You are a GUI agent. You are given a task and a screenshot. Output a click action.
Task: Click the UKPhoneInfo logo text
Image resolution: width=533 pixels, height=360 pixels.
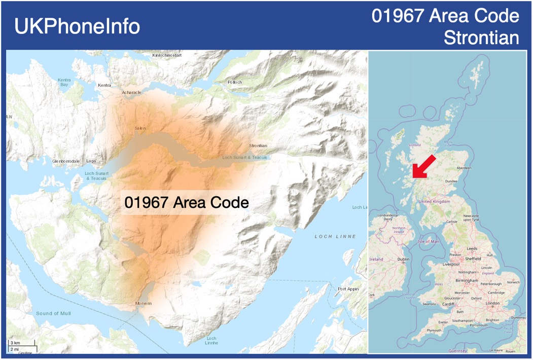tap(77, 26)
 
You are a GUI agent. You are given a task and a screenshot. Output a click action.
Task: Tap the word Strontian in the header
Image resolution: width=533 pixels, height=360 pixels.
tap(481, 38)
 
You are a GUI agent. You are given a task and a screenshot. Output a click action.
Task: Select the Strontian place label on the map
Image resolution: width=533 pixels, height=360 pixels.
tap(258, 146)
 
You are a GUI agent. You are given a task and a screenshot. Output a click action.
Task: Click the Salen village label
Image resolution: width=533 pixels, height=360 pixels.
tap(140, 128)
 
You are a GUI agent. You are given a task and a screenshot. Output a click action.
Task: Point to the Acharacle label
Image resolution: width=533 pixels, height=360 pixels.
tap(131, 93)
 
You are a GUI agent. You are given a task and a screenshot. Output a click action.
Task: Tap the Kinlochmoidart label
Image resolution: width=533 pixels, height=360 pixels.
tap(167, 55)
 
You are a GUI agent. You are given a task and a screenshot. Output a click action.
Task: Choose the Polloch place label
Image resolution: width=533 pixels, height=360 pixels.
tap(235, 82)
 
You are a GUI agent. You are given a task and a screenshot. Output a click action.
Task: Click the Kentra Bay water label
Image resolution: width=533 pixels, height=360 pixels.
tap(64, 82)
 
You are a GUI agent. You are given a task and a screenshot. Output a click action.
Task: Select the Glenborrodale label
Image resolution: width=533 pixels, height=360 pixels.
tap(66, 161)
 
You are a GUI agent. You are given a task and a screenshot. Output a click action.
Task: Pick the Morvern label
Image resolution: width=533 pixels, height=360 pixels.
tap(144, 303)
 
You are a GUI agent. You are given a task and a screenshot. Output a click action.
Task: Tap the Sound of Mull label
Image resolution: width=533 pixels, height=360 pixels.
tap(53, 313)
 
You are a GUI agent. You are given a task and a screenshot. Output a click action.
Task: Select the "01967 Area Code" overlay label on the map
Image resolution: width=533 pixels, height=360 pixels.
tap(187, 203)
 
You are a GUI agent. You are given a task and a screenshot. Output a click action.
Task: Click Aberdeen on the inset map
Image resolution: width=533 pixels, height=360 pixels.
tap(464, 168)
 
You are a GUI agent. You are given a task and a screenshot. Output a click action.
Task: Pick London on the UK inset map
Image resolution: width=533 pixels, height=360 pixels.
tap(492, 303)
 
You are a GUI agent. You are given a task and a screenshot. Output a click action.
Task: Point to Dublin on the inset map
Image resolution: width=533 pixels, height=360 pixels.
tap(404, 259)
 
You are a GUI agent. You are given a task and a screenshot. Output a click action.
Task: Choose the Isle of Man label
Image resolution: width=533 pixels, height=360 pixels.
tap(429, 241)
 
